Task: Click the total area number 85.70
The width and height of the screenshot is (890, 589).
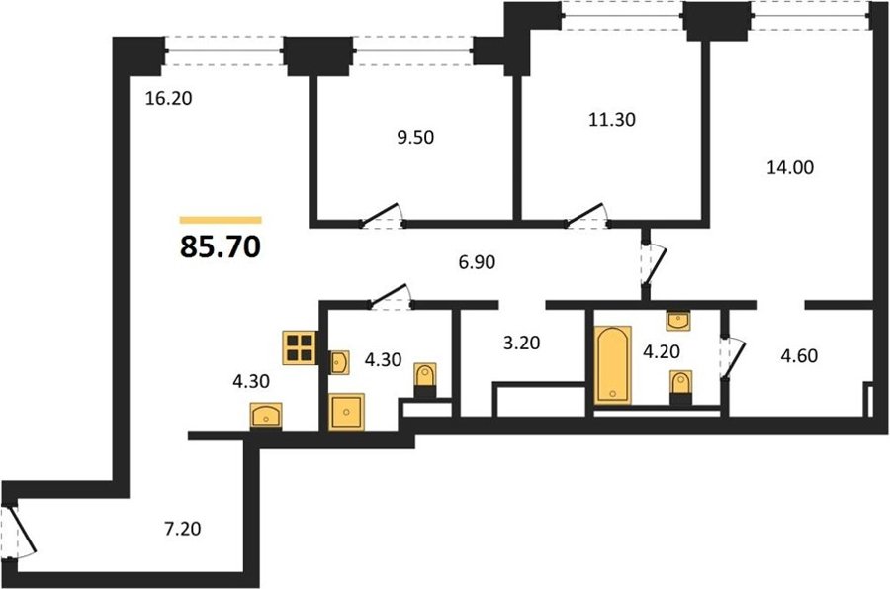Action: point(221,247)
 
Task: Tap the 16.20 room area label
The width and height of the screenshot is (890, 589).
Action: point(168,98)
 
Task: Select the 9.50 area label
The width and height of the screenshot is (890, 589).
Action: point(415,138)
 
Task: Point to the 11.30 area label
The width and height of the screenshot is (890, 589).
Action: point(612,120)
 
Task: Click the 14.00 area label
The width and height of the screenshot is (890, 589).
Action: point(790,167)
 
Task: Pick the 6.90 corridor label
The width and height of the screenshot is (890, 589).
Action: point(477,262)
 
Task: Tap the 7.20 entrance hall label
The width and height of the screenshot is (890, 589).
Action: point(182,529)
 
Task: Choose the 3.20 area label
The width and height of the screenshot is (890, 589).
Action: point(521,344)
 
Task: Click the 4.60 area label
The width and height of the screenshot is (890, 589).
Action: point(799,356)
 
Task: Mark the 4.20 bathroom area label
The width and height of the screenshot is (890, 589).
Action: point(662,352)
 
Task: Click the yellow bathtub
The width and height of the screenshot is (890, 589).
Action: point(613,365)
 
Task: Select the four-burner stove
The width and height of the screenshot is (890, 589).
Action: point(300,347)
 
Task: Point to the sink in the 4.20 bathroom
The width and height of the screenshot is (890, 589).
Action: point(678,321)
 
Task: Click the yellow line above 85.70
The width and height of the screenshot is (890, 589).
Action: point(221,220)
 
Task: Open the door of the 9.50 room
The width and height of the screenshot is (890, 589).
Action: point(381,215)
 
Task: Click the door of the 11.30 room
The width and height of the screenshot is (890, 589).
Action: point(586,215)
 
